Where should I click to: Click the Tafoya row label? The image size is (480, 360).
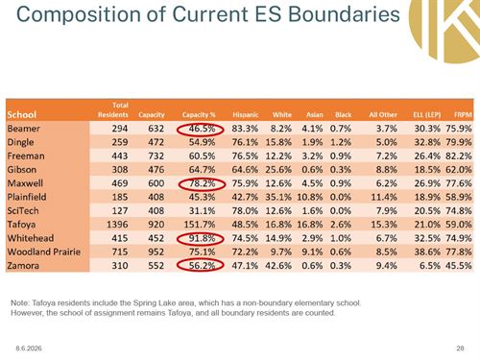pyautogui.click(x=21, y=225)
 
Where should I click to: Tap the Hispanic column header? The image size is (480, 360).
pyautogui.click(x=245, y=114)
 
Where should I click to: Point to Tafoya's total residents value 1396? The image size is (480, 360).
pyautogui.click(x=117, y=225)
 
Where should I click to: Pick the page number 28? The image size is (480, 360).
pyautogui.click(x=460, y=348)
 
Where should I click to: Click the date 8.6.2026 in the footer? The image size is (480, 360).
pyautogui.click(x=29, y=348)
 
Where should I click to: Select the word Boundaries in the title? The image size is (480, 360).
pyautogui.click(x=344, y=14)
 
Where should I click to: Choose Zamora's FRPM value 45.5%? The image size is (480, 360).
pyautogui.click(x=459, y=266)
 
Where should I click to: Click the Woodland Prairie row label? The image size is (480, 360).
pyautogui.click(x=44, y=252)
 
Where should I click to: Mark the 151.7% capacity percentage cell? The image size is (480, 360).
pyautogui.click(x=200, y=225)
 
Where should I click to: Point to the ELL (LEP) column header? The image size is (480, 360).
pyautogui.click(x=427, y=114)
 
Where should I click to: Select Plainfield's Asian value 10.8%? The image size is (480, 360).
pyautogui.click(x=310, y=197)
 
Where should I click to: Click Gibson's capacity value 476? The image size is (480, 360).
pyautogui.click(x=156, y=170)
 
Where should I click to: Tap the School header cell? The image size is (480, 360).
pyautogui.click(x=22, y=114)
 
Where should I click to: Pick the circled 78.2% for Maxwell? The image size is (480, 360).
pyautogui.click(x=202, y=183)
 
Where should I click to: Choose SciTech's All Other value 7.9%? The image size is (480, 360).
pyautogui.click(x=387, y=211)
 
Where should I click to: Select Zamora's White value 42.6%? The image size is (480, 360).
pyautogui.click(x=278, y=266)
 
